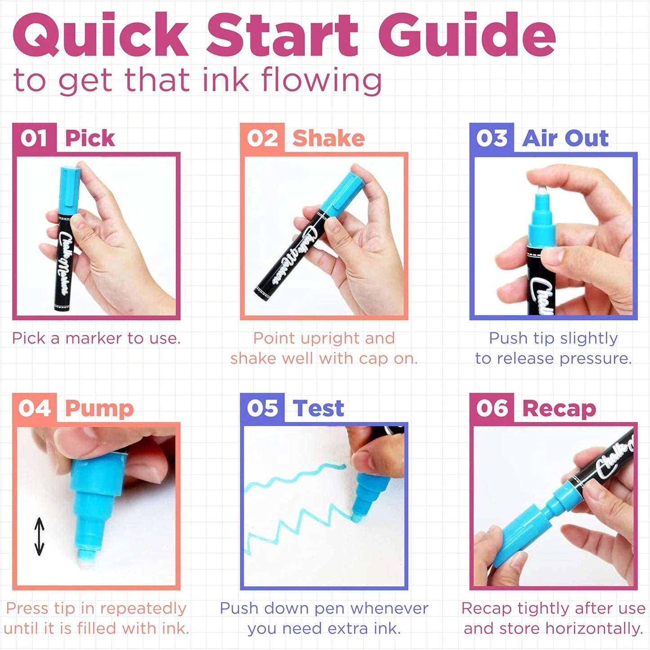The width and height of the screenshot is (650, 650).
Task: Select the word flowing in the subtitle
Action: point(322,80)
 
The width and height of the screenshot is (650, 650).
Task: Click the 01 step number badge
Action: point(34,138)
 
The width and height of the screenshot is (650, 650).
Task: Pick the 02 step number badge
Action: point(262,138)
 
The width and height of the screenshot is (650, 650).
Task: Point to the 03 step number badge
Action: point(492,138)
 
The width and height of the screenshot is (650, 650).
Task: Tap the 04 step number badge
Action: point(34,408)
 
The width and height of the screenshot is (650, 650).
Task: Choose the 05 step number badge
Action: point(262,408)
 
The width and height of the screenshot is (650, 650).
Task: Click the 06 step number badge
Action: point(492,408)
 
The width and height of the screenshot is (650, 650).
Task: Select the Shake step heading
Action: point(328,138)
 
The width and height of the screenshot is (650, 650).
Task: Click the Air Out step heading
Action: point(565,138)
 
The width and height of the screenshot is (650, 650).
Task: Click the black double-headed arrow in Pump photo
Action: point(40,537)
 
